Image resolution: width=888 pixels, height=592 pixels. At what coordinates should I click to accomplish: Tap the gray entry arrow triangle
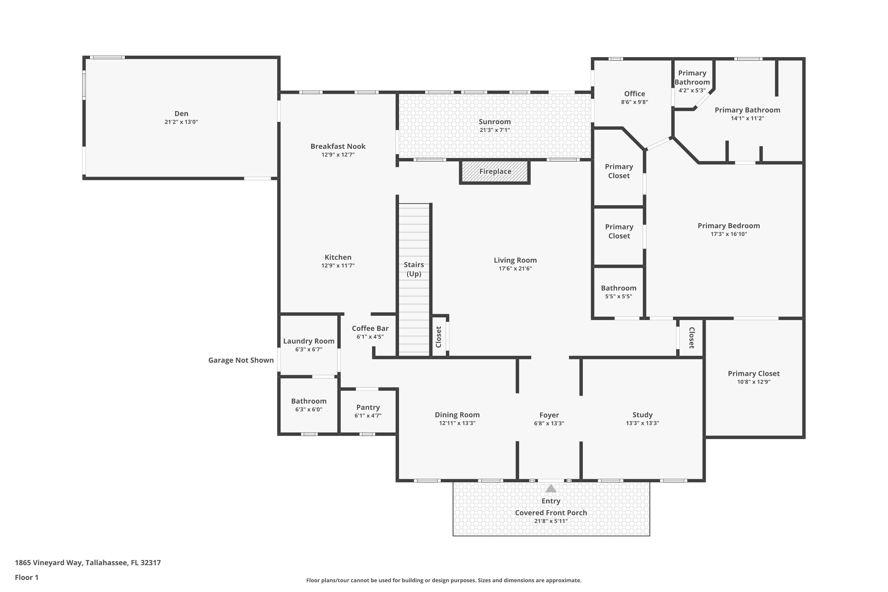click(551, 489)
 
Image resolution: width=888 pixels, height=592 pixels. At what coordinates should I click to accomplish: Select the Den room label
click(181, 113)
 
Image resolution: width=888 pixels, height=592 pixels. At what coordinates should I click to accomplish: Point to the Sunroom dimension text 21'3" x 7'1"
click(495, 130)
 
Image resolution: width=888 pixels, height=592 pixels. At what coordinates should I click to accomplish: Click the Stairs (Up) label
click(414, 269)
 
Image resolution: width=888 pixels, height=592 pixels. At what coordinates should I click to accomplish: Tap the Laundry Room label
click(309, 341)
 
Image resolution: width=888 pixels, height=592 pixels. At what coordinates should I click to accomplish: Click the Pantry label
click(368, 407)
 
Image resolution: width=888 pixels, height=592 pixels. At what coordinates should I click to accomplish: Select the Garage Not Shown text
click(241, 360)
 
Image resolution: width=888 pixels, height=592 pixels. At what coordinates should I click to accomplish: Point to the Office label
click(635, 94)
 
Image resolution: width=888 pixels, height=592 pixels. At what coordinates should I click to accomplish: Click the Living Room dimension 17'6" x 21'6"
click(515, 269)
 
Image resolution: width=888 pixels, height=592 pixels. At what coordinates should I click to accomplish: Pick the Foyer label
click(549, 415)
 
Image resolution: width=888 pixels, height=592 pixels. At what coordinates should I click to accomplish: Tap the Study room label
click(643, 415)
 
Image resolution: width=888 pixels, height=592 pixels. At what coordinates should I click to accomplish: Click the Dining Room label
click(457, 415)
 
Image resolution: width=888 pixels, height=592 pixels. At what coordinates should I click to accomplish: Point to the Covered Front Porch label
click(551, 513)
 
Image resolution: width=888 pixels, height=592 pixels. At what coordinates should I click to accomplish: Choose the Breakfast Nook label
click(338, 147)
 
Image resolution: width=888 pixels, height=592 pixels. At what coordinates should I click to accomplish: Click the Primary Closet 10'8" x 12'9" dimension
click(754, 382)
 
